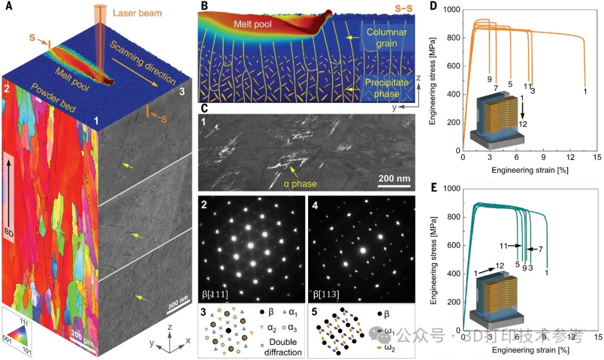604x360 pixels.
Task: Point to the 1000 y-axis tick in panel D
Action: coord(450,10)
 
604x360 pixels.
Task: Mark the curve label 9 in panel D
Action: coord(489,79)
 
